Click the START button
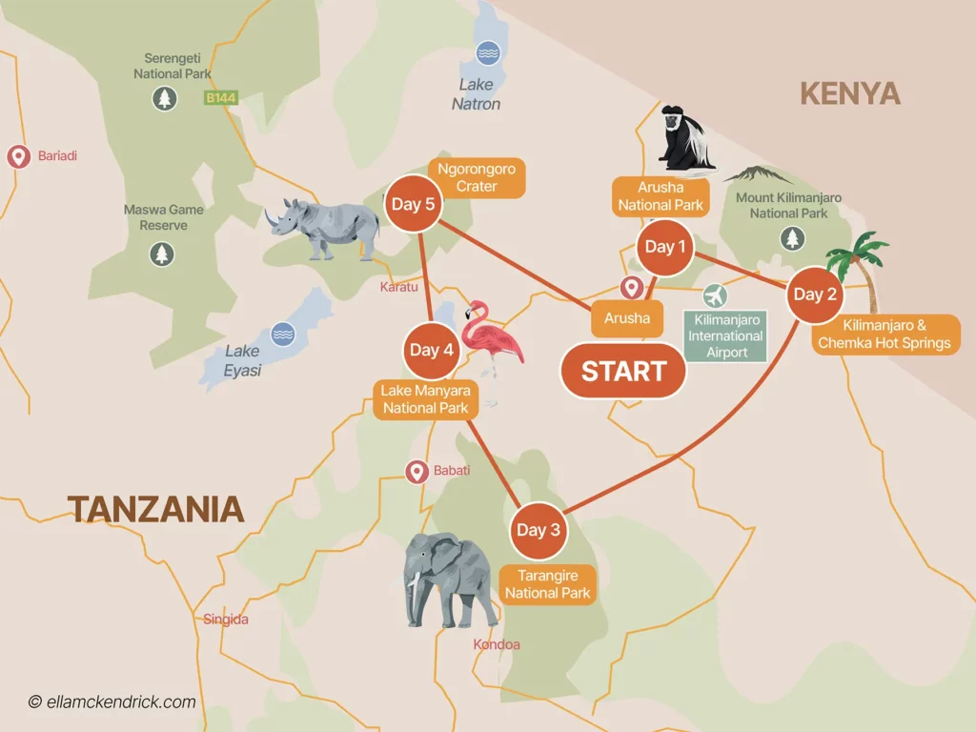coord(623,371)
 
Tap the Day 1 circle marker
coord(664,247)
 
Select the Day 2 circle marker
coord(815,294)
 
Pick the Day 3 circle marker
coord(539,530)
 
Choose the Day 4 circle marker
coord(431,350)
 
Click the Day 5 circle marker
coord(412,204)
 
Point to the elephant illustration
coord(447,578)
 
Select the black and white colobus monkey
coord(686,138)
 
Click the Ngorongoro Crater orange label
coord(477,177)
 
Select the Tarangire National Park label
coord(547,584)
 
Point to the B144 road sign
coord(220,97)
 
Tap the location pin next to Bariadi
coord(18,156)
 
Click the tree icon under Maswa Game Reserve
coord(162,254)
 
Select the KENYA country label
coord(849,93)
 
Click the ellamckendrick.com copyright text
coord(112,702)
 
